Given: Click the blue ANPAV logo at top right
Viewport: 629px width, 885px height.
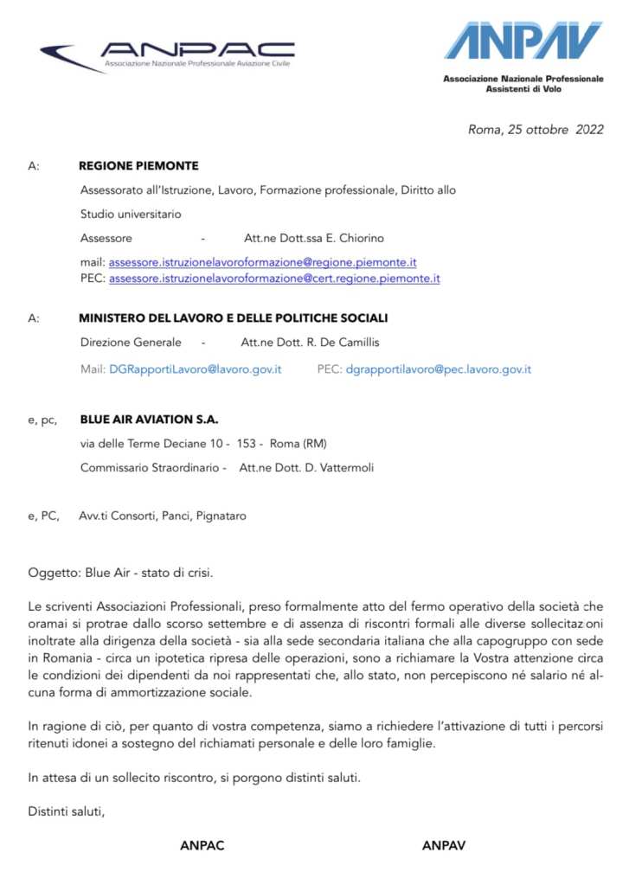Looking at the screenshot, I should tap(523, 41).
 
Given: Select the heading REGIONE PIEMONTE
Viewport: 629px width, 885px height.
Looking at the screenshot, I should tap(138, 166).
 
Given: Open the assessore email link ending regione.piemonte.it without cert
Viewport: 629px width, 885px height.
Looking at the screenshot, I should tap(264, 262).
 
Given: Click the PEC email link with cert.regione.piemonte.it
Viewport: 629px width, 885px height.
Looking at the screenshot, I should tap(274, 279).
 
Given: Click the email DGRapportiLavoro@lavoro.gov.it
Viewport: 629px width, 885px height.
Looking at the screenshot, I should tap(196, 369).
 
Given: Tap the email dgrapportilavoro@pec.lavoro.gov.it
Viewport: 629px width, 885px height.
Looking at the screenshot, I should tap(438, 369).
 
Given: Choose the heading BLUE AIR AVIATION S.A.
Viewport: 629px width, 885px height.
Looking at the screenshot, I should tap(149, 420).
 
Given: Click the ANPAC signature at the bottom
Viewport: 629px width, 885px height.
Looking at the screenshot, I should tap(202, 846).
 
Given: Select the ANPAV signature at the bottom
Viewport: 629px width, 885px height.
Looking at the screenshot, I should tap(444, 846).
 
